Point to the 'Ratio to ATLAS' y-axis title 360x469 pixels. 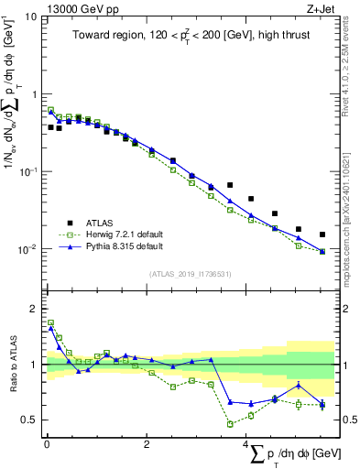tap(12, 365)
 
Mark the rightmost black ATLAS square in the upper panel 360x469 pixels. tap(322, 234)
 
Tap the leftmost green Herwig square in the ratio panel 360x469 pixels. tap(50, 322)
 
